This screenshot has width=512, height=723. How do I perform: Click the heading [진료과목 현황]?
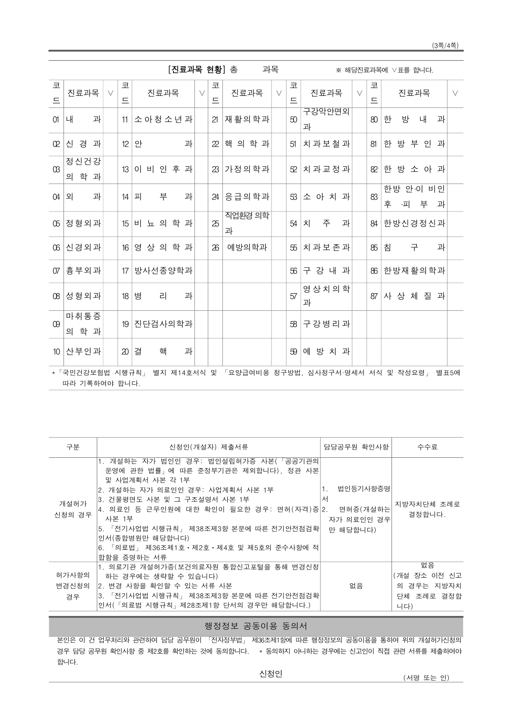click(x=197, y=70)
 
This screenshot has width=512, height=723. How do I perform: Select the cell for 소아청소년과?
click(x=163, y=119)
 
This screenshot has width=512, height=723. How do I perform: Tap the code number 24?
click(x=216, y=197)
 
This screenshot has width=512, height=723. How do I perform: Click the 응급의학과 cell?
click(x=247, y=197)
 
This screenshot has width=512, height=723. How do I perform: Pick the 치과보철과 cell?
click(x=326, y=144)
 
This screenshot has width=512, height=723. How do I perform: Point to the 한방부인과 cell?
click(x=414, y=144)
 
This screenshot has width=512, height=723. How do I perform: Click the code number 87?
click(x=374, y=296)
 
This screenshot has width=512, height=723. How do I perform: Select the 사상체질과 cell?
click(x=414, y=296)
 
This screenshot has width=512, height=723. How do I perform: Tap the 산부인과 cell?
click(x=83, y=352)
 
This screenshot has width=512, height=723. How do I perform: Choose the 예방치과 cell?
click(x=326, y=352)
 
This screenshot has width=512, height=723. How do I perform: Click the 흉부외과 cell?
click(x=83, y=271)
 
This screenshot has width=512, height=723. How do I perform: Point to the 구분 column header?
click(x=73, y=447)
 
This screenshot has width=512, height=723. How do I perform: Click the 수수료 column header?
click(x=427, y=447)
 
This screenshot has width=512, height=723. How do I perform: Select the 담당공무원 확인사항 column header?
click(x=356, y=447)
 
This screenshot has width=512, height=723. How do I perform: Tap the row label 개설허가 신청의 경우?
click(x=73, y=509)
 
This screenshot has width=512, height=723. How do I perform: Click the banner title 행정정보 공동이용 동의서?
click(x=256, y=626)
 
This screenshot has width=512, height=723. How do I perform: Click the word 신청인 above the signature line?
click(x=271, y=674)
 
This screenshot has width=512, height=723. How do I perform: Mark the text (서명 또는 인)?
click(x=426, y=678)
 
